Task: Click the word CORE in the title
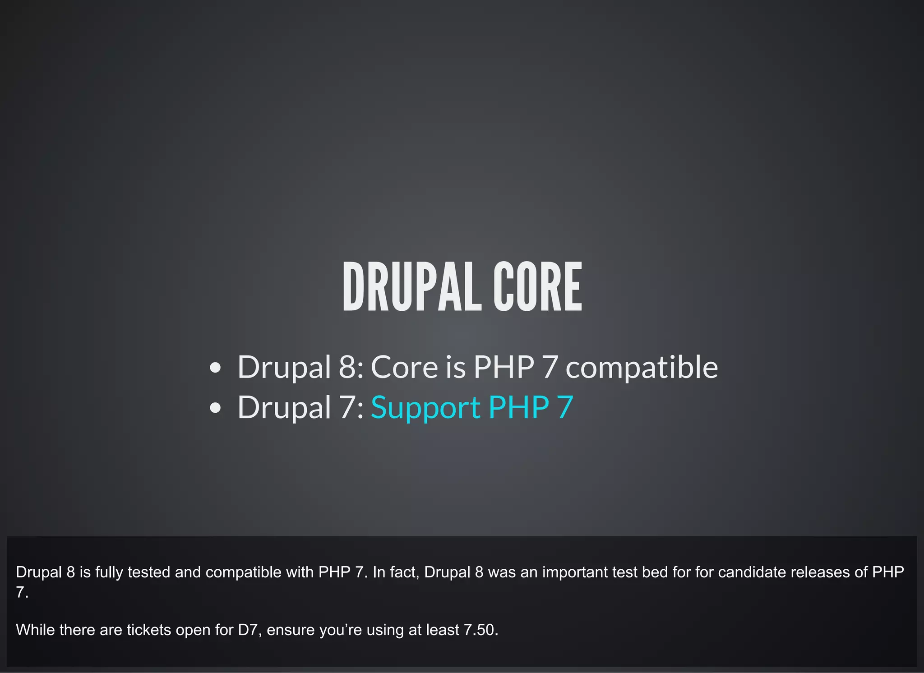(537, 287)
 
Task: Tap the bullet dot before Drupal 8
(216, 368)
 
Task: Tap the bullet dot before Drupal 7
(216, 408)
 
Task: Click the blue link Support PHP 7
(471, 408)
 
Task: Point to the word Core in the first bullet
(404, 367)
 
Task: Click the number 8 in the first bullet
(348, 367)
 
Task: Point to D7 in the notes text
(248, 630)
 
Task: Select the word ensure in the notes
(290, 630)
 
